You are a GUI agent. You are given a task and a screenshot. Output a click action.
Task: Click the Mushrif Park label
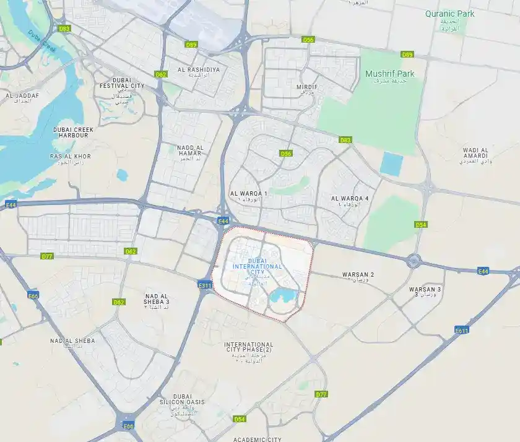[389, 74]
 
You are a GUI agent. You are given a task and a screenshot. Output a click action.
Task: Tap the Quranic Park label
[449, 14]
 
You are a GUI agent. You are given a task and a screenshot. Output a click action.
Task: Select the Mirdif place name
[307, 87]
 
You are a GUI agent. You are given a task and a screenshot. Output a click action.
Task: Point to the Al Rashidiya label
[198, 70]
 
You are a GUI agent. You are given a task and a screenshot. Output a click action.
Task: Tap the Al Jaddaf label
[22, 96]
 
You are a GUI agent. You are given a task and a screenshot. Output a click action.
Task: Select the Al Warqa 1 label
[248, 194]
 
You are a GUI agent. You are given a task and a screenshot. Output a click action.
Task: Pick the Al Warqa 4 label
[350, 198]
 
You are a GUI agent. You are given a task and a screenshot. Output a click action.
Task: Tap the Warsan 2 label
[358, 274]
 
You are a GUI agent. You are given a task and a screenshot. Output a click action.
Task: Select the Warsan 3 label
[425, 290]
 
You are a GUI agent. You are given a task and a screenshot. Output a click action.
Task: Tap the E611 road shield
[461, 331]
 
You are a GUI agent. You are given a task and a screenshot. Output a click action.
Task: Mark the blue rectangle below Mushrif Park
[391, 164]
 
